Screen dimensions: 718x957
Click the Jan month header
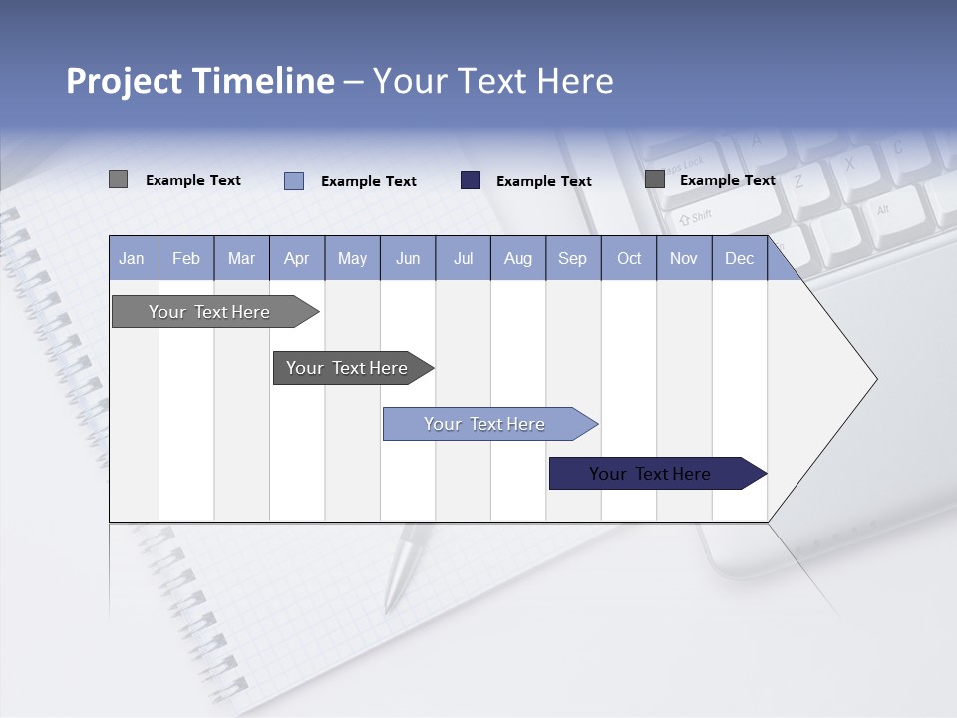click(132, 259)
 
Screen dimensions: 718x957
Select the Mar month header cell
click(241, 259)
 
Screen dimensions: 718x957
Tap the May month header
click(352, 259)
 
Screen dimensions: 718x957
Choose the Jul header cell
click(463, 259)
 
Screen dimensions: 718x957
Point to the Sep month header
click(572, 259)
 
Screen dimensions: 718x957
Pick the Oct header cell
click(629, 259)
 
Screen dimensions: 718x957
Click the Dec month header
click(739, 259)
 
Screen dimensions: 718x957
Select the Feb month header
click(186, 259)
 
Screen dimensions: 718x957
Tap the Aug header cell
click(517, 259)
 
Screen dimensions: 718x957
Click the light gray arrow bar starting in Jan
click(209, 312)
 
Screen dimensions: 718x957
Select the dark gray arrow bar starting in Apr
click(347, 368)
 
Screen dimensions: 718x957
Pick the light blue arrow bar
click(484, 424)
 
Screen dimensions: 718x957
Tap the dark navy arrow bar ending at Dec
click(650, 474)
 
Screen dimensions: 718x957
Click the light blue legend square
click(294, 180)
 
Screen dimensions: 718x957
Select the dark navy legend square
click(471, 179)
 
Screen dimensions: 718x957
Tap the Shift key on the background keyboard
click(695, 216)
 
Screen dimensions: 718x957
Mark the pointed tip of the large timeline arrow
click(875, 379)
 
